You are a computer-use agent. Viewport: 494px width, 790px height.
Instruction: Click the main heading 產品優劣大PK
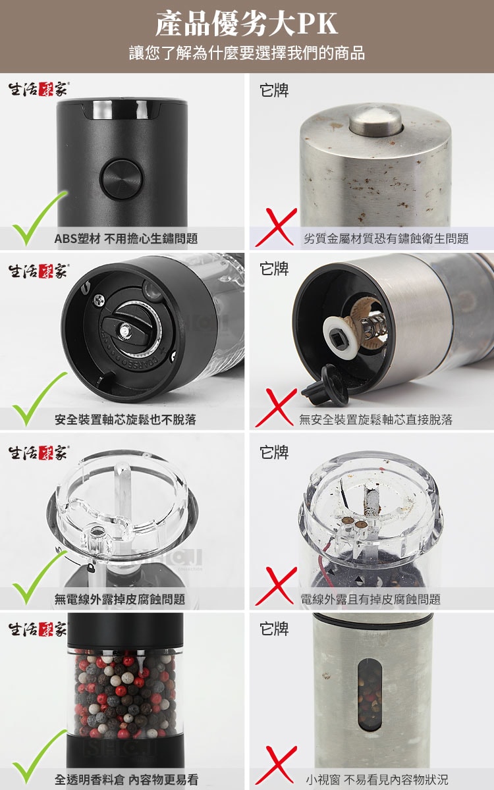[x=246, y=24]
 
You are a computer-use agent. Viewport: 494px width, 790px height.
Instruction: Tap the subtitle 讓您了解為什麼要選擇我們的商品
[x=246, y=53]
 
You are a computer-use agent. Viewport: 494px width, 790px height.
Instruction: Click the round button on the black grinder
[x=122, y=178]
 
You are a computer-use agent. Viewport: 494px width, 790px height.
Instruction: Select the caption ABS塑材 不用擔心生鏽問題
[x=126, y=239]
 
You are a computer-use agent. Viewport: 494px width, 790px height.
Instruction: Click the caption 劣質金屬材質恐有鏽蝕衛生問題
[x=386, y=239]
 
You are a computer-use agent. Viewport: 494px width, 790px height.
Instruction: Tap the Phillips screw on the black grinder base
[x=99, y=300]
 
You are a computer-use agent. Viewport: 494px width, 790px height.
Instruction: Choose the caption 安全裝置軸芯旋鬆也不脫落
[x=125, y=420]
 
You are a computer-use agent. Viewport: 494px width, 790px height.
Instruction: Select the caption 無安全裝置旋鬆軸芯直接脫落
[x=376, y=420]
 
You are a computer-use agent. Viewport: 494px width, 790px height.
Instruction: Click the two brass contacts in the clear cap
[x=354, y=523]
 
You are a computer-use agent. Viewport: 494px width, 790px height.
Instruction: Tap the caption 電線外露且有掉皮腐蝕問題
[x=370, y=599]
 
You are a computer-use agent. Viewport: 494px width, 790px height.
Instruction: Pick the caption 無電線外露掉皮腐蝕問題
[x=120, y=599]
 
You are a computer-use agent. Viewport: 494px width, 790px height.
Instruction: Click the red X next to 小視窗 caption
[x=276, y=766]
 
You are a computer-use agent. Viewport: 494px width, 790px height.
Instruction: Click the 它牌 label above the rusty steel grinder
[x=274, y=90]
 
